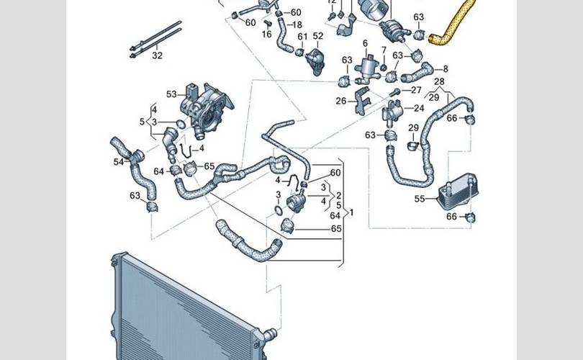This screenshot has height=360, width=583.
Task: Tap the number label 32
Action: (x=157, y=55)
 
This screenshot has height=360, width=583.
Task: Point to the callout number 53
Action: (x=171, y=94)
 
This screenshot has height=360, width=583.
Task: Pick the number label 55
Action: (x=419, y=198)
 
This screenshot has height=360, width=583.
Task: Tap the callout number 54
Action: (x=119, y=163)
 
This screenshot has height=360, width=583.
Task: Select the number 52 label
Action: (x=318, y=36)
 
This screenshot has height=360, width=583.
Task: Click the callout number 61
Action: (x=302, y=36)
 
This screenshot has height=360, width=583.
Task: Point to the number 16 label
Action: (x=267, y=35)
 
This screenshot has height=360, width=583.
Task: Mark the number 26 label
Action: (x=341, y=101)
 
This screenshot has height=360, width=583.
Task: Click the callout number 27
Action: (x=416, y=91)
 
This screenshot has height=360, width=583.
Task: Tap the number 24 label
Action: (x=418, y=109)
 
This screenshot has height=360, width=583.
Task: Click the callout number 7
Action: (x=384, y=50)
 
